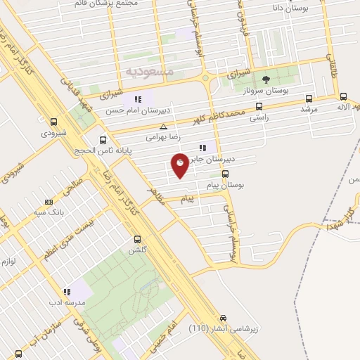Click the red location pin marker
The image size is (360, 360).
tap(180, 165)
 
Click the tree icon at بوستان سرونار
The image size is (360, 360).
tap(266, 79)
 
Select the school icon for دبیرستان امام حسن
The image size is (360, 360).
tap(139, 99)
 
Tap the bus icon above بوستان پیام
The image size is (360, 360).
tap(226, 174)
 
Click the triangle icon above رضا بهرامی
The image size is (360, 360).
tap(163, 127)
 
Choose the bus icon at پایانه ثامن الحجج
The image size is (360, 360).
tap(104, 139)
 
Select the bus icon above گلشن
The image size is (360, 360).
tap(137, 238)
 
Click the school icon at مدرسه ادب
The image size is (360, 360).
tap(67, 291)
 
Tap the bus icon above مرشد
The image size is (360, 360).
tap(309, 99)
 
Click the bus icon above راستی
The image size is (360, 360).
tap(259, 107)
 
